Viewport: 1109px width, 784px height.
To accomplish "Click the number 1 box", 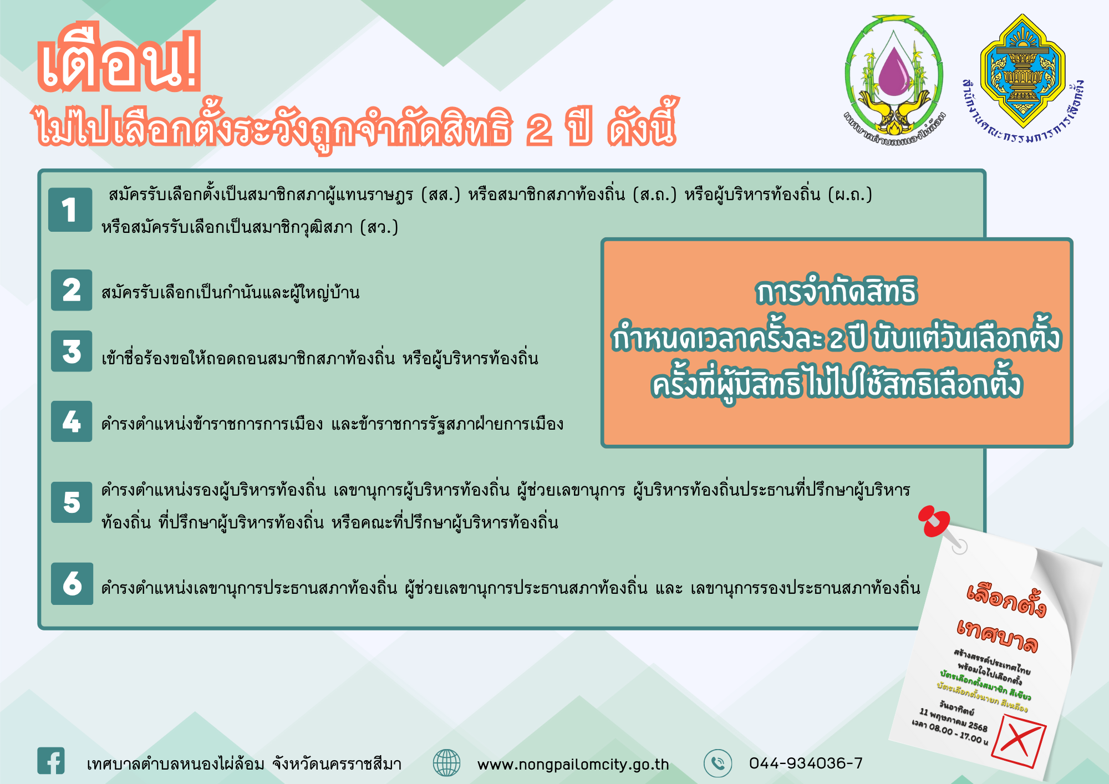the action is [70, 210].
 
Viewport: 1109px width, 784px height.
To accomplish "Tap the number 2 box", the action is [72, 290].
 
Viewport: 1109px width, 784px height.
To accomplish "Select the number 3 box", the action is [72, 351].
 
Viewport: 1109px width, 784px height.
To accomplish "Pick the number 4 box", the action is [72, 421].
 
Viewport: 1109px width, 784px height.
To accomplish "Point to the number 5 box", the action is [72, 502].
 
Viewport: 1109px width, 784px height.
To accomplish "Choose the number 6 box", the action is [72, 583].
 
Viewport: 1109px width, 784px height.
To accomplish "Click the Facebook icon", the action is [51, 761].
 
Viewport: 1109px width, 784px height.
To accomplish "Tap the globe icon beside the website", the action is [446, 763].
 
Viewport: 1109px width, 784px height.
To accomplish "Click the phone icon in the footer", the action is [718, 763].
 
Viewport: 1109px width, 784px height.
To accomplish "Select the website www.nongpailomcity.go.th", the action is [573, 765].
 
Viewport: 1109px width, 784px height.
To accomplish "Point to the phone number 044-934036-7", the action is [806, 763].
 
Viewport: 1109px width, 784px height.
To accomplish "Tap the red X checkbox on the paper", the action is [1019, 741].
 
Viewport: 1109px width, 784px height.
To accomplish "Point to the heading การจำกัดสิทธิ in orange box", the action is [837, 292].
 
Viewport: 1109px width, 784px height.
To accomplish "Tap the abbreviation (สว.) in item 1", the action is [379, 227].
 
